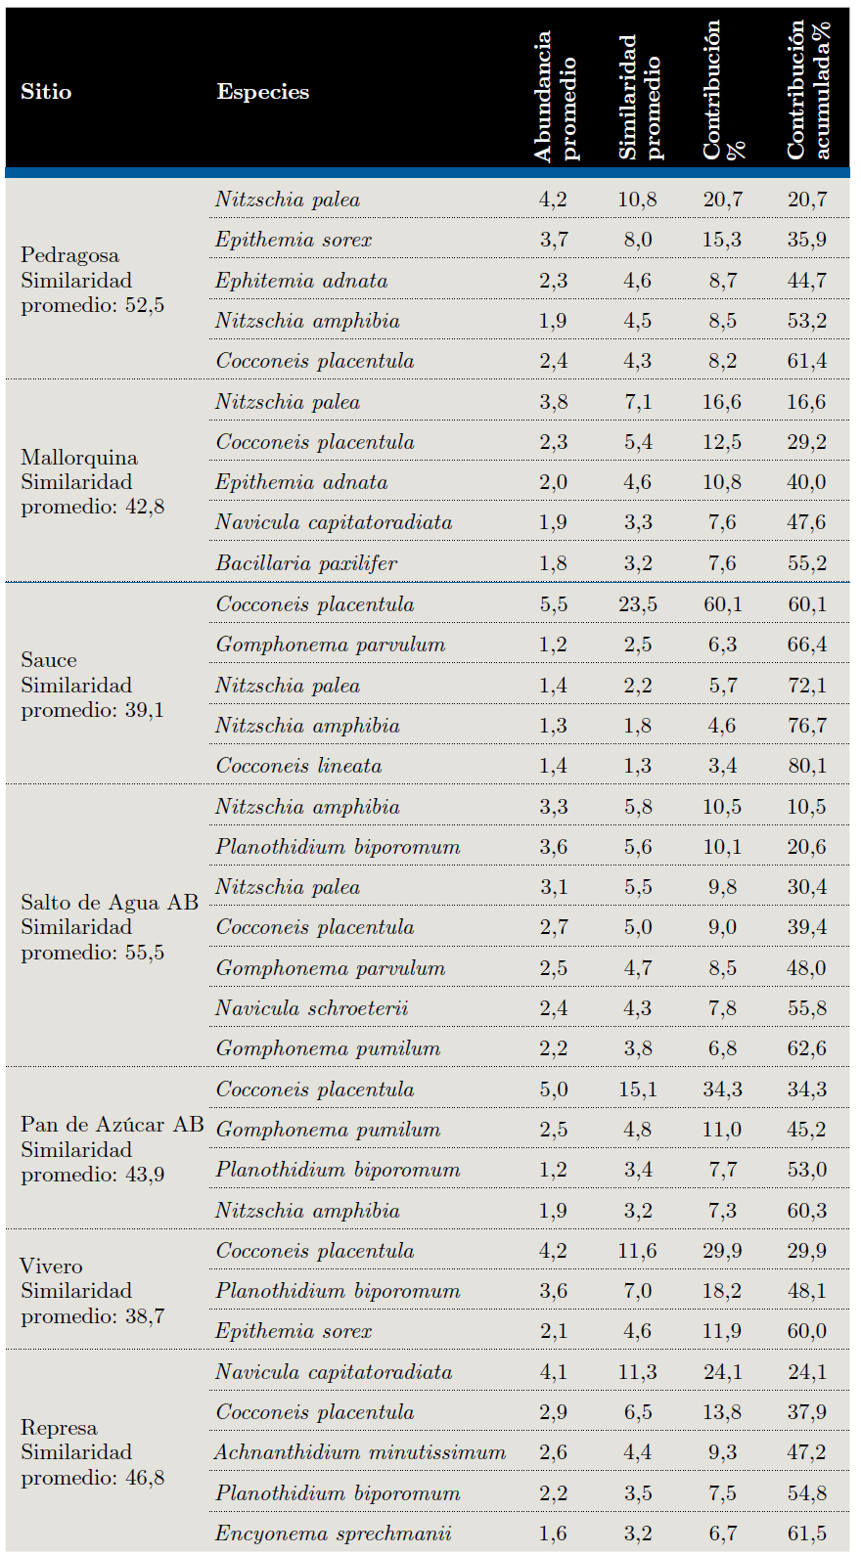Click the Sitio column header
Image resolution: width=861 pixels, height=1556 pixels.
tap(46, 92)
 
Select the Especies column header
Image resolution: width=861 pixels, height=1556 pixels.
tap(262, 92)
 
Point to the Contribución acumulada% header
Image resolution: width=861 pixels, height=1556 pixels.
tap(808, 90)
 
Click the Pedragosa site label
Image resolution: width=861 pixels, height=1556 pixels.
tap(70, 255)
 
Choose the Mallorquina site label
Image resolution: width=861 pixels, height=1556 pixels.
tap(79, 458)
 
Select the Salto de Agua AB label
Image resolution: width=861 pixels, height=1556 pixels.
tap(110, 902)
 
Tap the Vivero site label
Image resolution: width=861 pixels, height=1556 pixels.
tap(52, 1267)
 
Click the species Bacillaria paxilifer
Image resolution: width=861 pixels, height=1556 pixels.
tap(306, 563)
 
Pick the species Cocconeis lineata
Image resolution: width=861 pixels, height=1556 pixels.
tap(298, 766)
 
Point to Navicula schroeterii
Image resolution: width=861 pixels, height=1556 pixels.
tap(312, 1008)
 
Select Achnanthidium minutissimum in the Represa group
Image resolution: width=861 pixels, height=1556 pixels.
tap(360, 1452)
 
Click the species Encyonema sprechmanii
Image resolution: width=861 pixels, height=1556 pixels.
tap(334, 1534)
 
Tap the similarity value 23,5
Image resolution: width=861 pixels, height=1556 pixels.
tap(637, 604)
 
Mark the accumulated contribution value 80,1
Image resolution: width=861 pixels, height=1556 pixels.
tap(807, 766)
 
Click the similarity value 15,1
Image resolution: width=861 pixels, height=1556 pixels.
tap(637, 1089)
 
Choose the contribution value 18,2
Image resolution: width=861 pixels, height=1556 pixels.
tap(722, 1291)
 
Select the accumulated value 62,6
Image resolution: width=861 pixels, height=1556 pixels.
tap(807, 1048)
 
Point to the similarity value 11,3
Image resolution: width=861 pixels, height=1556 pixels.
tap(637, 1372)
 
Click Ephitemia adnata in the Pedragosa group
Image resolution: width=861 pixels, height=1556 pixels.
tap(301, 281)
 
